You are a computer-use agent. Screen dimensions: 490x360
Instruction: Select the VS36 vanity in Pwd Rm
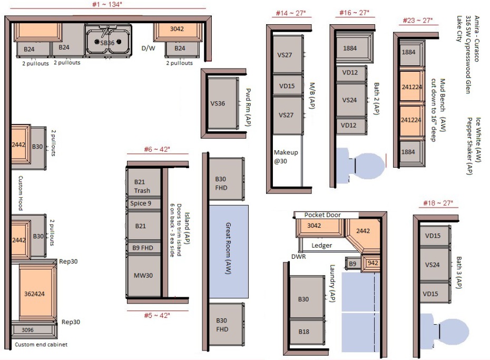click(222, 103)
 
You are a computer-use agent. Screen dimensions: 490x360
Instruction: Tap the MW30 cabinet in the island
click(144, 276)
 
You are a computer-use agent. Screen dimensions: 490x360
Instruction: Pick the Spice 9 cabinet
click(144, 203)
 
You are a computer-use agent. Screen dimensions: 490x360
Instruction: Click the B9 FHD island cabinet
click(144, 248)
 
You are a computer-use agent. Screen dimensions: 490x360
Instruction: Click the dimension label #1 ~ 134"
click(107, 4)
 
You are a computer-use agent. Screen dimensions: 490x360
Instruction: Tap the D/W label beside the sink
click(148, 48)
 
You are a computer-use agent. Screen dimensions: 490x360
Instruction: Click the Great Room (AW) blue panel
click(229, 251)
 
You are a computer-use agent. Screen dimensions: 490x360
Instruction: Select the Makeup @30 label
click(286, 157)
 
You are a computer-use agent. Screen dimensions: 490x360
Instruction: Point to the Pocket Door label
click(322, 215)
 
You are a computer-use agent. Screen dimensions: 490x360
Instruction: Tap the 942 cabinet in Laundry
click(371, 264)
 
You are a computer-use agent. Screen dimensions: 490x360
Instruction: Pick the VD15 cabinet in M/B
click(287, 85)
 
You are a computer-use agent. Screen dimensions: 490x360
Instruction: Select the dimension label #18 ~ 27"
click(438, 203)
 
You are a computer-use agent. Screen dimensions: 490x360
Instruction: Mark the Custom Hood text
click(21, 193)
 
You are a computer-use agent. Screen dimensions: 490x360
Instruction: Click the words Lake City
click(459, 29)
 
